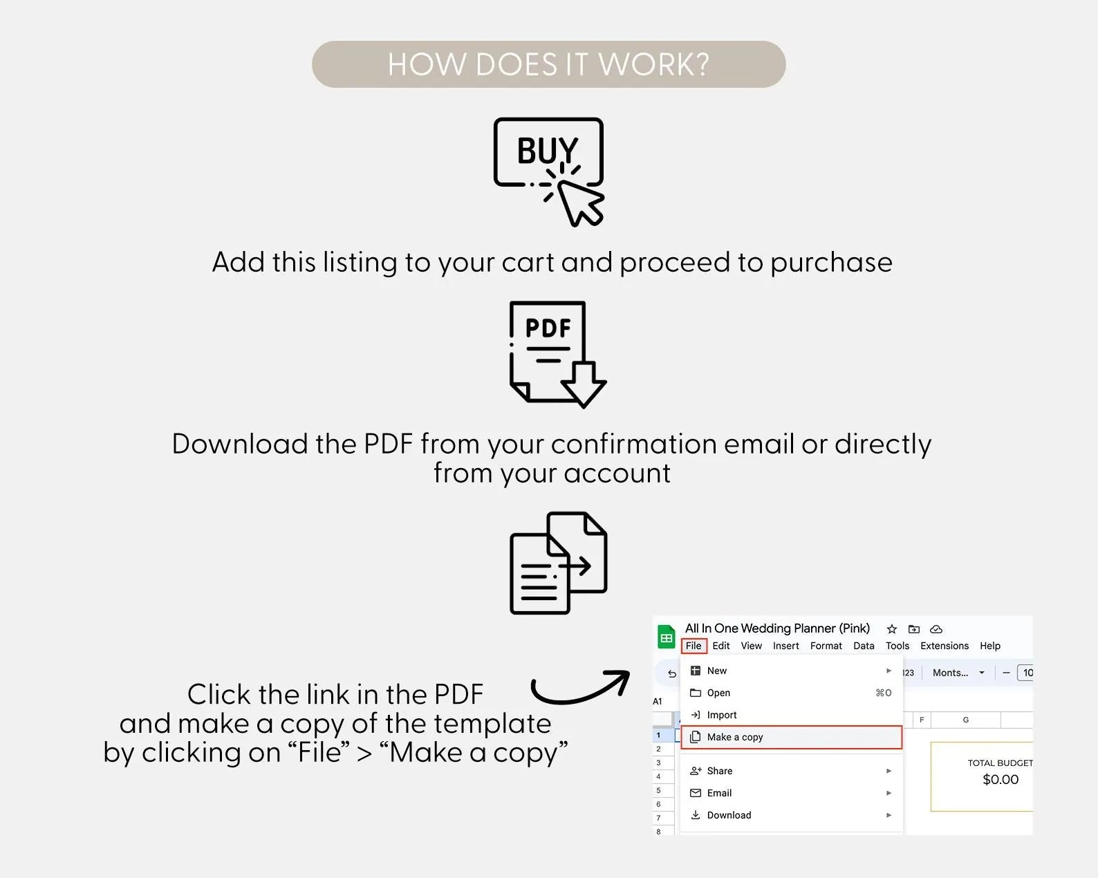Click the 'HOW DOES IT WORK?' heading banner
[x=548, y=64]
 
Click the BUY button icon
[x=548, y=171]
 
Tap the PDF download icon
[x=557, y=354]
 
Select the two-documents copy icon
[x=558, y=563]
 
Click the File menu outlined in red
[x=694, y=645]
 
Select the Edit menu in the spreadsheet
[x=721, y=645]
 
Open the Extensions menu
[x=944, y=645]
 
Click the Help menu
[x=990, y=645]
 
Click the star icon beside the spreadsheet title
[x=891, y=629]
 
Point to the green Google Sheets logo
[x=666, y=637]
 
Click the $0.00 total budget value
[x=1000, y=780]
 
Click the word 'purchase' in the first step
[x=831, y=263]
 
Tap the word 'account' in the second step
[x=617, y=474]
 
